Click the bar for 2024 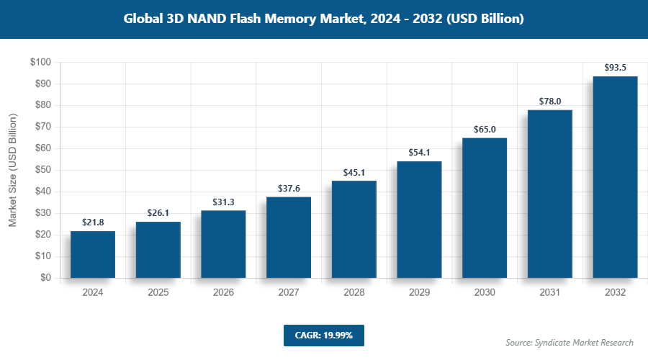(93, 254)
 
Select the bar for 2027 (289, 237)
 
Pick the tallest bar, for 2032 (615, 176)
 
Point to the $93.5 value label (615, 68)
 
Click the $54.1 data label (419, 153)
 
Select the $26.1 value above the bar (158, 213)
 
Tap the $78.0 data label (549, 102)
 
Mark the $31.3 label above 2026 (223, 202)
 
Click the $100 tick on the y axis (40, 63)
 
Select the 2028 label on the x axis (354, 293)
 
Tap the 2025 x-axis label (158, 293)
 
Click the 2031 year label (549, 293)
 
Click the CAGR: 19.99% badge (324, 336)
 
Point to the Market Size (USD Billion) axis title (12, 170)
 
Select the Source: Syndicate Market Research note (569, 342)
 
